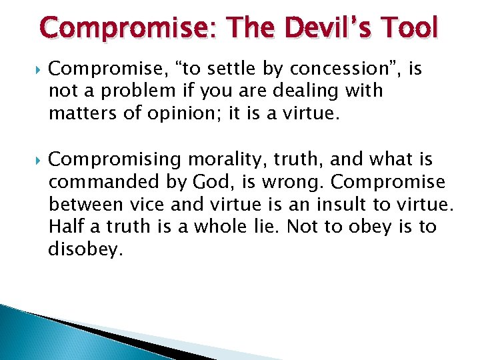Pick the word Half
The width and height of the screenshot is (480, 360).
[66, 227]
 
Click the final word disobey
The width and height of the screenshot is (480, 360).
[86, 251]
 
